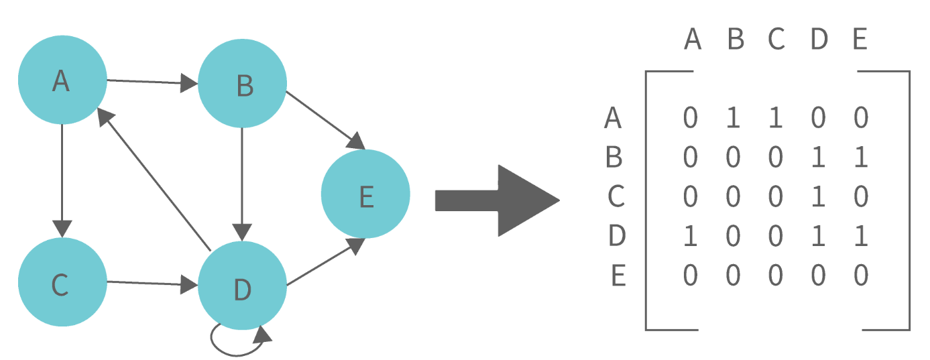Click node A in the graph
click(62, 80)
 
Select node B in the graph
click(243, 84)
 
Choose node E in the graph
click(365, 194)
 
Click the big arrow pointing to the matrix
click(496, 200)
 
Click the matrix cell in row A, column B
click(734, 119)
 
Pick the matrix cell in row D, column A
click(691, 236)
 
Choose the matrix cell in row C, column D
click(818, 197)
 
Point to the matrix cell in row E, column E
click(861, 276)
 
